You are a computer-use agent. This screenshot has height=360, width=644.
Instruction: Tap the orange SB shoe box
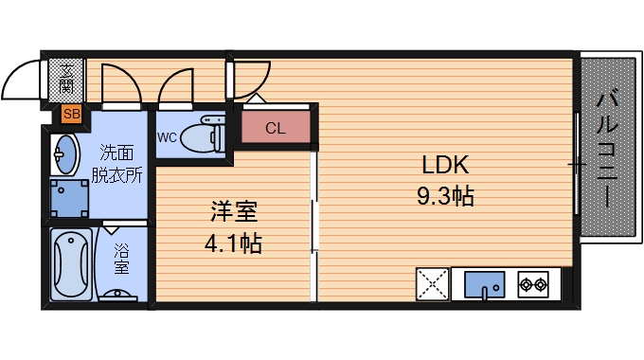point(70,114)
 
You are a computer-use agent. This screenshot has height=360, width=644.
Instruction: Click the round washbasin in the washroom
point(65,153)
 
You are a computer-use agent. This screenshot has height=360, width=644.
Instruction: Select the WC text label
point(167,136)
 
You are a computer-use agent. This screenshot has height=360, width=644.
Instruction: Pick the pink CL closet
point(275,128)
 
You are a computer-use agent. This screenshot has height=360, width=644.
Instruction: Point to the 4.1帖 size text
point(233,243)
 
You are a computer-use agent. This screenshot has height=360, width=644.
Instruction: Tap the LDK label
point(445,166)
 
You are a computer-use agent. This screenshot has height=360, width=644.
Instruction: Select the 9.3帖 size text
point(445,197)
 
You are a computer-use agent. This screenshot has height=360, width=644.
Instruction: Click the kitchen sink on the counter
point(482,283)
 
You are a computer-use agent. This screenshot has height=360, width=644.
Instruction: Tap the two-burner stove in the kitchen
point(533,283)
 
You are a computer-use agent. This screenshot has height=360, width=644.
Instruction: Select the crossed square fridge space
point(432,284)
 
